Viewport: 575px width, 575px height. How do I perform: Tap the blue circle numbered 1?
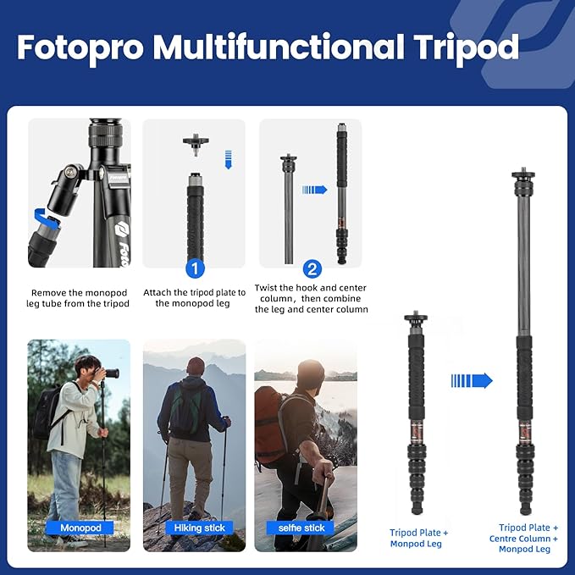click(195, 268)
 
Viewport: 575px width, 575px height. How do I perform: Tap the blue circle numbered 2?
click(312, 268)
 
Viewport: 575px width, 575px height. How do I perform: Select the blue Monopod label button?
click(80, 528)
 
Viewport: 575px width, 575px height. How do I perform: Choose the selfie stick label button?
click(301, 528)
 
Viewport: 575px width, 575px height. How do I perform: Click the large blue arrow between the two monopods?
click(472, 380)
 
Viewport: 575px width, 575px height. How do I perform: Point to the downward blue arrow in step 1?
click(227, 158)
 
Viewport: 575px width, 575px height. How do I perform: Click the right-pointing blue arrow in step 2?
click(314, 190)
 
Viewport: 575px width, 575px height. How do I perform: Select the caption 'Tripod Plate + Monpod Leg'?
click(419, 538)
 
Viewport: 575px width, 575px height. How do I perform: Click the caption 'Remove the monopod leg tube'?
click(79, 298)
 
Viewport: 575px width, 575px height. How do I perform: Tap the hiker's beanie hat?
click(196, 365)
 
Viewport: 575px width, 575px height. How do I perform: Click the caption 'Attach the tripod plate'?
click(195, 298)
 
